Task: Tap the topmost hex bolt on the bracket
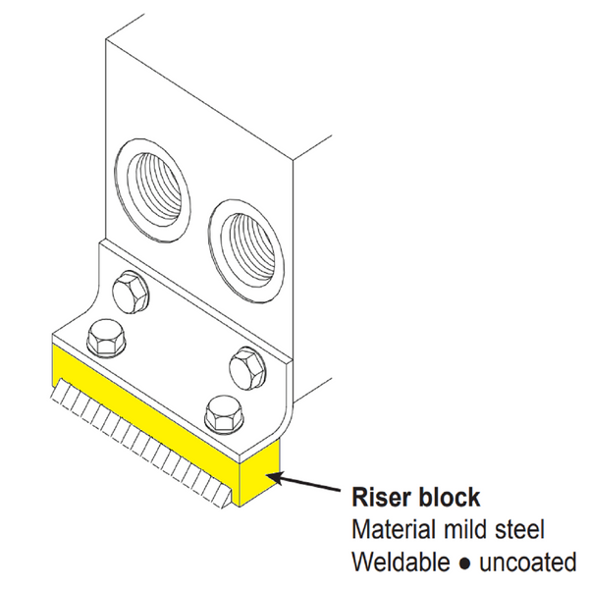pos(130,291)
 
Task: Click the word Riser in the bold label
pos(385,497)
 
